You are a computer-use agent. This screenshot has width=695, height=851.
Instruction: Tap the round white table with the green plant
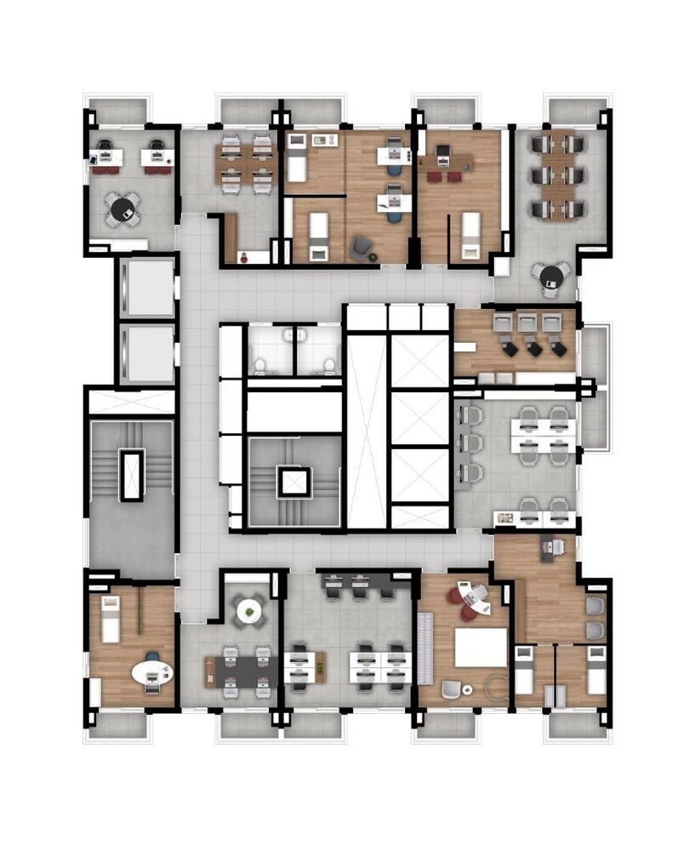[248, 610]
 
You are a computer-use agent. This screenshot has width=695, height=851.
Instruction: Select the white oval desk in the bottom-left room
[152, 672]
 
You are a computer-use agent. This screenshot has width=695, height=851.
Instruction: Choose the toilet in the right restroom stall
[328, 366]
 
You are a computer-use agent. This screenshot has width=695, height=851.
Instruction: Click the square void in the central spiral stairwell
[293, 483]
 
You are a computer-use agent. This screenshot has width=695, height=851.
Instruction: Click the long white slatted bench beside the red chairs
[426, 648]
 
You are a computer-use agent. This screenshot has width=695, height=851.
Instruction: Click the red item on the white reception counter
[244, 255]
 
